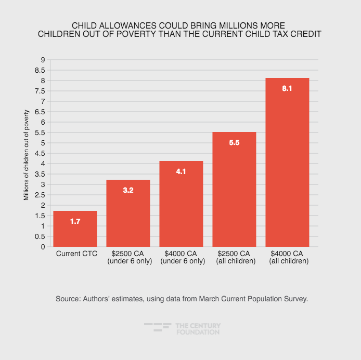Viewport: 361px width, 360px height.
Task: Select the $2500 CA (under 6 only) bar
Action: pos(128,213)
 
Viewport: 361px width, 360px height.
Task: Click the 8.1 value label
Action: pos(287,89)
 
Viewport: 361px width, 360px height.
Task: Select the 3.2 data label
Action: pos(128,191)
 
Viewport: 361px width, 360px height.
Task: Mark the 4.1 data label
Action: pos(181,172)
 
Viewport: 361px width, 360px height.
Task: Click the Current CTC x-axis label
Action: pos(75,254)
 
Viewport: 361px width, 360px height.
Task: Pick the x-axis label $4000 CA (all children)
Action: pos(287,258)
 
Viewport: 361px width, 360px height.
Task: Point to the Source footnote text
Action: pos(180,299)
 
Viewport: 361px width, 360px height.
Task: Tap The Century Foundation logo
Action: pos(182,328)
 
